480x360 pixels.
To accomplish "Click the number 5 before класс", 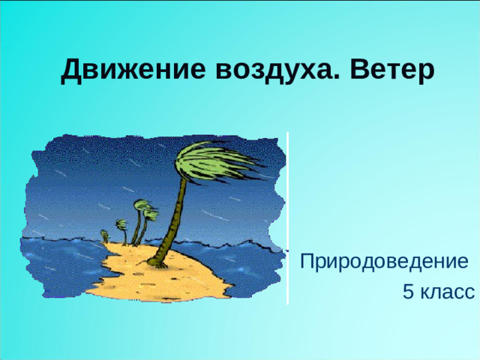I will pos(407,292).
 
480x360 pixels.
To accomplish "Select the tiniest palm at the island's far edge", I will pos(104,235).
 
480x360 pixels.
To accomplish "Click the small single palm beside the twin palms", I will pos(121,228).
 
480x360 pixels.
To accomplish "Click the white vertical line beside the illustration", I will pos(288,217).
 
